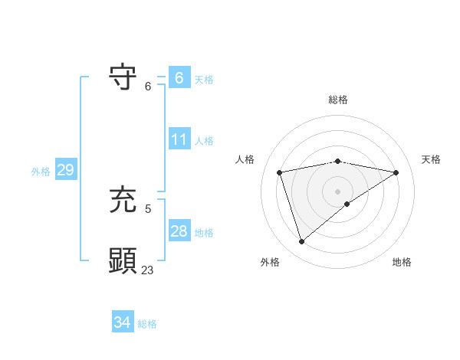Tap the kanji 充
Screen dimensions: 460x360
[x=123, y=201]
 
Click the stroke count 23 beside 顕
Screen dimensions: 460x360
[x=147, y=270]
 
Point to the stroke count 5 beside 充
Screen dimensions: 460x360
[x=148, y=208]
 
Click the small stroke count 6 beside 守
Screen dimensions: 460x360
[x=148, y=86]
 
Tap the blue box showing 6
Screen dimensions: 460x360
[x=179, y=78]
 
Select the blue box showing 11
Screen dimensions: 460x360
[x=179, y=139]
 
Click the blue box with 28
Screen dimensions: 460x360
[x=179, y=231]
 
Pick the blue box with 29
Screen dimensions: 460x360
[x=65, y=170]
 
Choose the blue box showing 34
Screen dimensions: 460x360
[x=122, y=323]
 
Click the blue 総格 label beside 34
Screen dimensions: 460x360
[x=147, y=324]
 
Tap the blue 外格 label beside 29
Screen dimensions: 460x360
[x=41, y=172]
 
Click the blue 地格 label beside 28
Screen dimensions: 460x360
[x=204, y=232]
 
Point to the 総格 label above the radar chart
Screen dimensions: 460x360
[x=337, y=100]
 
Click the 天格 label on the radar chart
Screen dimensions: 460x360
[x=431, y=159]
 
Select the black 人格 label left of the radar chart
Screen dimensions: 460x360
[x=245, y=159]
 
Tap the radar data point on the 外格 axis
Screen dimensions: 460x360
[x=301, y=242]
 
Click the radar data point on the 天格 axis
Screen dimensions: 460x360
[x=396, y=172]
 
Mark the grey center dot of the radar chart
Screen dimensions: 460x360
[x=337, y=191]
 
